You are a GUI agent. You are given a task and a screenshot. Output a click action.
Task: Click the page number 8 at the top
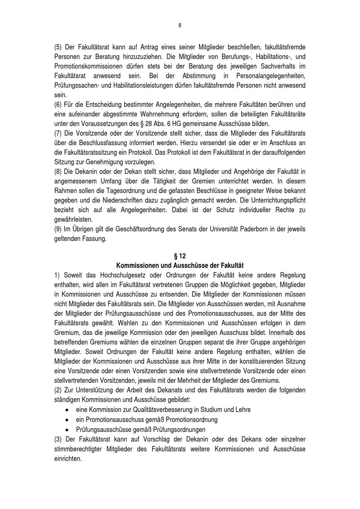tap(180, 25)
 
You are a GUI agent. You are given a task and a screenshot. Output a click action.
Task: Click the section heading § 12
tap(180, 256)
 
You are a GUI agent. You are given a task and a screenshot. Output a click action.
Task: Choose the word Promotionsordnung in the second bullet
tap(192, 420)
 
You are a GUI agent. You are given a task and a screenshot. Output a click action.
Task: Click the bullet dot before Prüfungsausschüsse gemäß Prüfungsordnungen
tap(67, 430)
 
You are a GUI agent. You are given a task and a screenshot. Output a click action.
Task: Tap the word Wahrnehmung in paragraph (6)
tap(180, 114)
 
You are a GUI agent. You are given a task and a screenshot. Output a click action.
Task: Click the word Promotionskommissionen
tap(91, 66)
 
